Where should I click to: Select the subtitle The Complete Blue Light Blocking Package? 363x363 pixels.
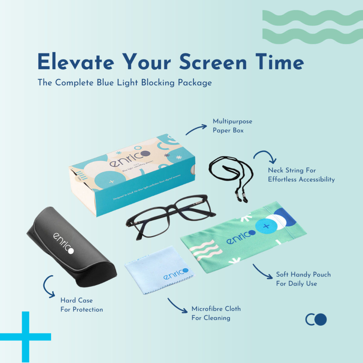(x=125, y=82)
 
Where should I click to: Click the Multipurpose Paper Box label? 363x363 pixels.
(x=232, y=126)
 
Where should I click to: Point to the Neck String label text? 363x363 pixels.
(x=301, y=175)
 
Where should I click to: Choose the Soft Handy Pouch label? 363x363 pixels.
(x=303, y=279)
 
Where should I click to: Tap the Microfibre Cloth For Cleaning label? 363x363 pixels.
(x=216, y=313)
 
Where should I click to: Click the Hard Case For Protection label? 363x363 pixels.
(x=81, y=305)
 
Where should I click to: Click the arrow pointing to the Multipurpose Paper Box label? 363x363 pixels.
(x=196, y=129)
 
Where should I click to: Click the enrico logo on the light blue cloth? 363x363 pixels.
(x=176, y=274)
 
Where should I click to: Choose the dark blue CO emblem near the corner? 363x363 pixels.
(x=316, y=319)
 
